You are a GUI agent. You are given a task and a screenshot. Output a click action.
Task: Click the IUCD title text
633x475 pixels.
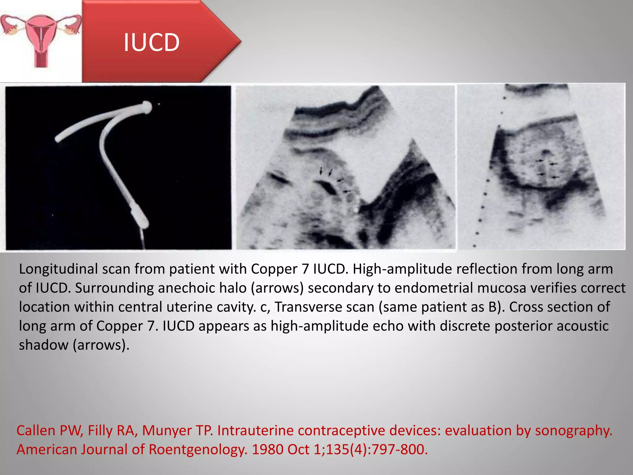coord(151,42)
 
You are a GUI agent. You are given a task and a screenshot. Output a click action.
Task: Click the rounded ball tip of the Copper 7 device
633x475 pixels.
coord(146,107)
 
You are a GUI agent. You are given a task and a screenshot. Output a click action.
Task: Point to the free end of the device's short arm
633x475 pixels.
coord(58,139)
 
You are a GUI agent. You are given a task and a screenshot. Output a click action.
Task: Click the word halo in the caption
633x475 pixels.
coord(233,288)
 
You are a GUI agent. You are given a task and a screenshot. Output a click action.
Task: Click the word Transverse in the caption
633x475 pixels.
coord(315,307)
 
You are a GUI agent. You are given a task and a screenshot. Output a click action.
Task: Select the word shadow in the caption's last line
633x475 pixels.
coord(44,345)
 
